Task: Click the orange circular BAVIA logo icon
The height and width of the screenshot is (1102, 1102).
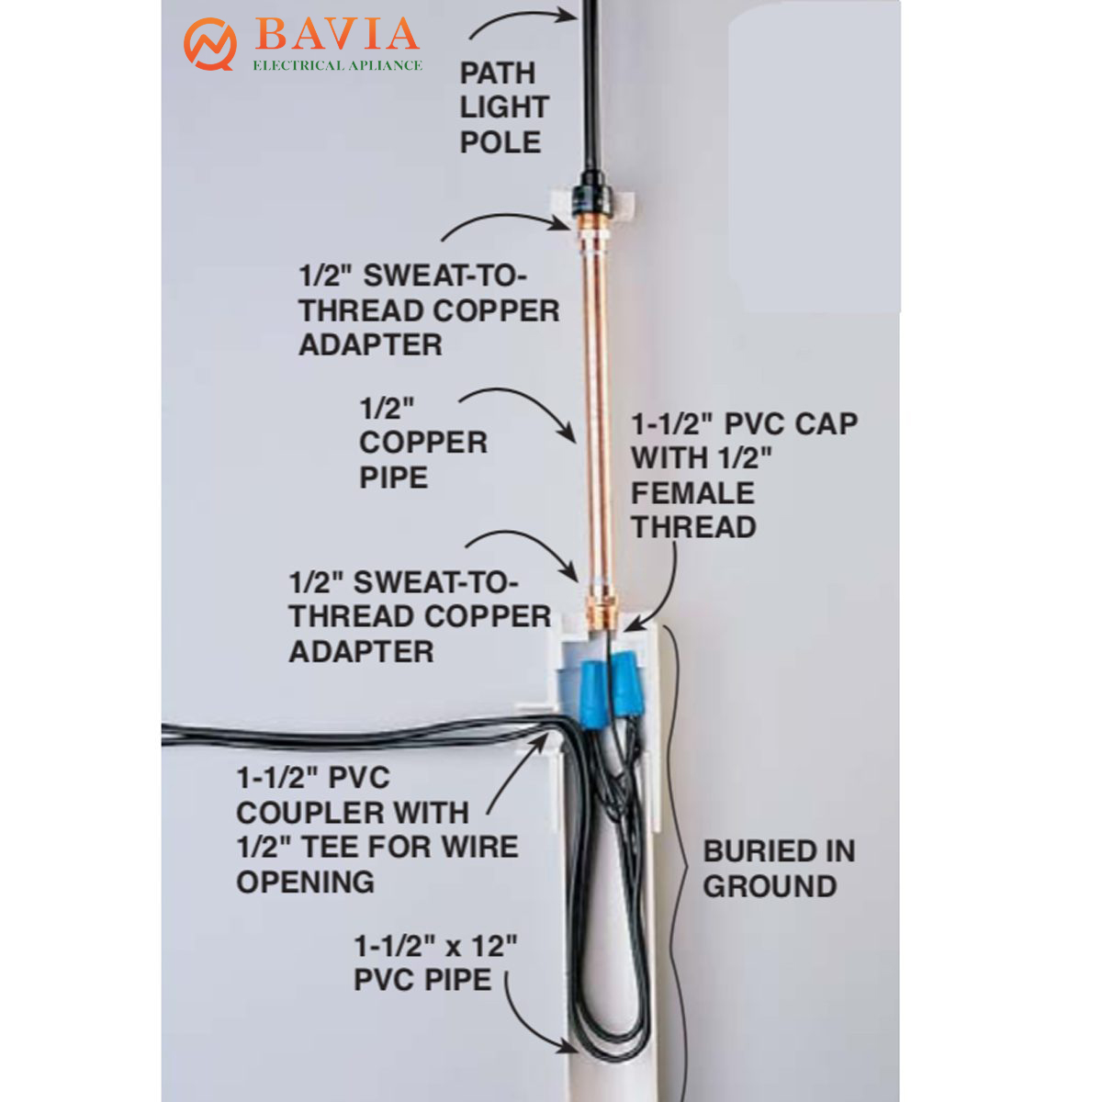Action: pos(209,44)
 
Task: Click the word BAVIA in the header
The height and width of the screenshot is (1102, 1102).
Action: pos(337,34)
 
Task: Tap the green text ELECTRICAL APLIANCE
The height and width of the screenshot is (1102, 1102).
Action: pos(337,66)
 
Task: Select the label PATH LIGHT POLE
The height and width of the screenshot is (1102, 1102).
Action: pos(504,107)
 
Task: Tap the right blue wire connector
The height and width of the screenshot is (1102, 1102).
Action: pos(625,684)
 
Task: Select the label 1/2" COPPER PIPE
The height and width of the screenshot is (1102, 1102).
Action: pos(423,444)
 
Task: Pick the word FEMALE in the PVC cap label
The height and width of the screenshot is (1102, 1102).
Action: pos(692,493)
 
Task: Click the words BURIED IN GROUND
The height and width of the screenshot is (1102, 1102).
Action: pos(779,868)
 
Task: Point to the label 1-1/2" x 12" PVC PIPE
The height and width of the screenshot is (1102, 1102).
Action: pos(435,962)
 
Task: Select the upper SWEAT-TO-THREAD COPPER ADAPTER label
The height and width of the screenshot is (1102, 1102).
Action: pos(429,310)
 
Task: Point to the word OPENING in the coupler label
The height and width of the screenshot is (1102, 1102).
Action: pos(306,882)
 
